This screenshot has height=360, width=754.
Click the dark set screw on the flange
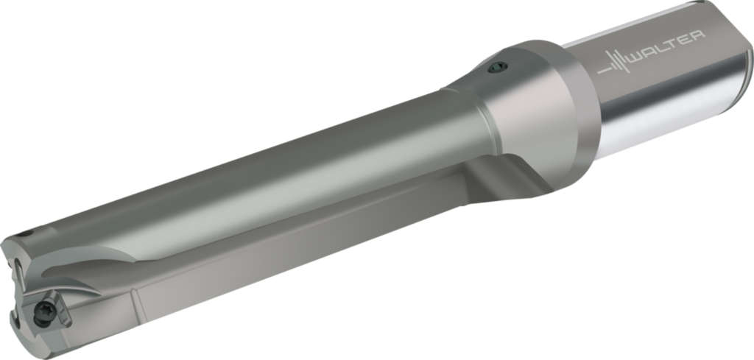[498, 68]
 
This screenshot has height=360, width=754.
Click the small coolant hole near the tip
[27, 235]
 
